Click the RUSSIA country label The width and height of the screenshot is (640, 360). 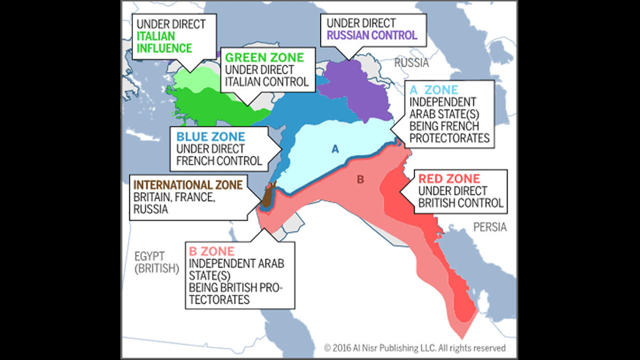411,63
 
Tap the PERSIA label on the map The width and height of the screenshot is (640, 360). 490,227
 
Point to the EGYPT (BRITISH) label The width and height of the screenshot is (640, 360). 156,262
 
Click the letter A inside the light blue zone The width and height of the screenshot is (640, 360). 335,149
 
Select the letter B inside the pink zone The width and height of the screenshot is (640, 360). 360,179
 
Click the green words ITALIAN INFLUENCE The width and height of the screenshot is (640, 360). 164,42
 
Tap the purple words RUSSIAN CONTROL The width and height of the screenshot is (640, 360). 372,36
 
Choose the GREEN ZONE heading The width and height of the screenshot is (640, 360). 264,58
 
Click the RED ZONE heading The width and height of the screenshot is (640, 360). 449,179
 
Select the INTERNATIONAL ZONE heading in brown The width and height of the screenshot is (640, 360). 187,185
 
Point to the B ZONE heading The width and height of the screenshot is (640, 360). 212,251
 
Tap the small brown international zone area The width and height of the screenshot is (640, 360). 267,196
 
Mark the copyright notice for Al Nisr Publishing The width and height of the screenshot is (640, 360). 414,348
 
